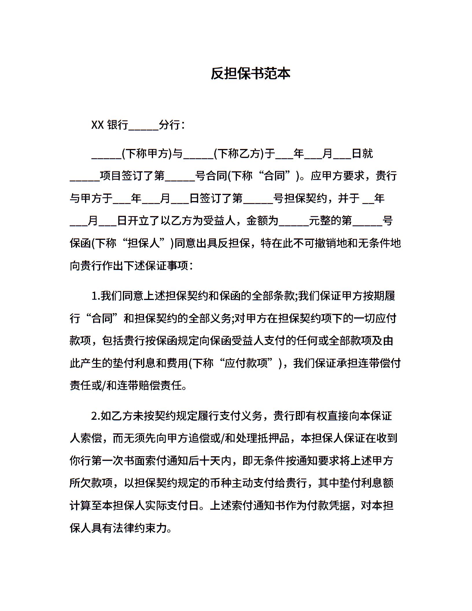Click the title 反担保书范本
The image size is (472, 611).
tap(250, 74)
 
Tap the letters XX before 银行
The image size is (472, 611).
tap(97, 125)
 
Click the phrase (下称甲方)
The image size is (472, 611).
tap(147, 154)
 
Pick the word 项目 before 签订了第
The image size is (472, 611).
tap(110, 176)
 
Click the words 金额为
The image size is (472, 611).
tap(262, 221)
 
